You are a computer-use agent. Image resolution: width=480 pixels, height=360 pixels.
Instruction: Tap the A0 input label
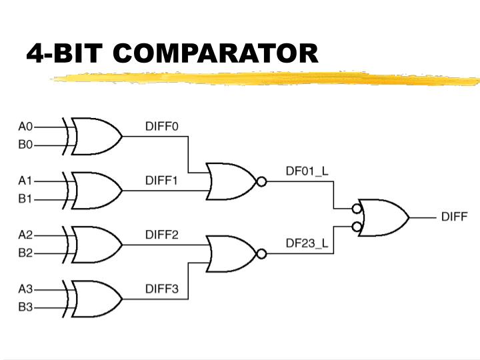pyautogui.click(x=25, y=126)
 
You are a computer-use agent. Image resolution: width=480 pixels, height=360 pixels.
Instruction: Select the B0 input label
pyautogui.click(x=25, y=145)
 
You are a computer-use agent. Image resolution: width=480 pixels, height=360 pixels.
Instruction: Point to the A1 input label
pyautogui.click(x=25, y=180)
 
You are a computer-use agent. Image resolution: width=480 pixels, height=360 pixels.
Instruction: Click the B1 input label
pyautogui.click(x=25, y=199)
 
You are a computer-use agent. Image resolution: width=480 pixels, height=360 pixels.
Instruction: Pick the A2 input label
pyautogui.click(x=25, y=235)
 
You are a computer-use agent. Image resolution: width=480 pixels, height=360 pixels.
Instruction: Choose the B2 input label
pyautogui.click(x=25, y=253)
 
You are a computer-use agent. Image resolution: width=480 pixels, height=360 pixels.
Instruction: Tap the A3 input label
pyautogui.click(x=25, y=289)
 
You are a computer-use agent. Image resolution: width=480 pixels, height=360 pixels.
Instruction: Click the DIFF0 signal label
pyautogui.click(x=162, y=126)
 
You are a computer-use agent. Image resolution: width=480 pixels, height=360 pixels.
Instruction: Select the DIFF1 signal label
pyautogui.click(x=162, y=180)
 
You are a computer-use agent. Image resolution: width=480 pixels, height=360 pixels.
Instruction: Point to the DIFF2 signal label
pyautogui.click(x=162, y=235)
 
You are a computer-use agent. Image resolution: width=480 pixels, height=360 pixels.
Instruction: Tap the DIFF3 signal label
pyautogui.click(x=162, y=289)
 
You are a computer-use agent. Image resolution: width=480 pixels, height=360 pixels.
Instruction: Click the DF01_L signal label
pyautogui.click(x=307, y=171)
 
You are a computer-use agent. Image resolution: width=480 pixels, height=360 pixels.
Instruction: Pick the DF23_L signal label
pyautogui.click(x=307, y=243)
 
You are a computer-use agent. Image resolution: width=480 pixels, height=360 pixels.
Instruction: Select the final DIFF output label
pyautogui.click(x=454, y=217)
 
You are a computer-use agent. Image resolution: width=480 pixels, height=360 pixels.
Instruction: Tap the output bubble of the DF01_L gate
pyautogui.click(x=261, y=181)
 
